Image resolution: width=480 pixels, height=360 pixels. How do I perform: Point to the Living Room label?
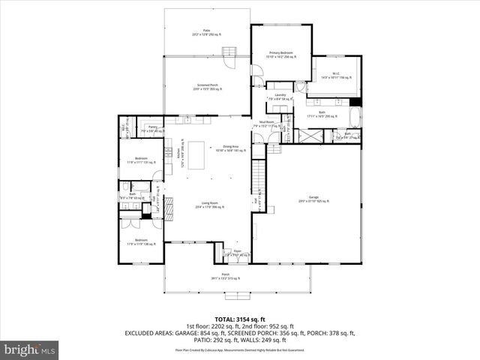(208, 202)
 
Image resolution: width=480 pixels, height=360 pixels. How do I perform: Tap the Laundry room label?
(280, 96)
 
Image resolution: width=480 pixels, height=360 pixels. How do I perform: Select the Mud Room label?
(266, 124)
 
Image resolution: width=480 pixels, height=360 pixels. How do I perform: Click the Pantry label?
(152, 129)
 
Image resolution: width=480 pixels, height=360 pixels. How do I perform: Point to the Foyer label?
(237, 253)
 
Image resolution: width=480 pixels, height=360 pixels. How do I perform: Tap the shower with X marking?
(310, 137)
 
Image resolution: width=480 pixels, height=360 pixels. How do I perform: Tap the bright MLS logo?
(29, 349)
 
